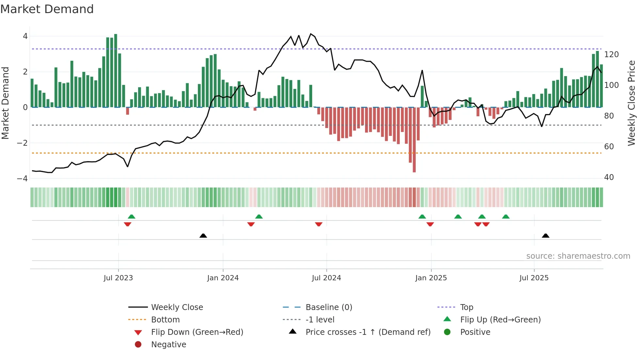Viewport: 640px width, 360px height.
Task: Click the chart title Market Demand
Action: click(47, 9)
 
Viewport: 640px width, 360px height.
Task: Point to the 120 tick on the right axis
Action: click(611, 55)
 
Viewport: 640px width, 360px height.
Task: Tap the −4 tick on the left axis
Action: click(22, 178)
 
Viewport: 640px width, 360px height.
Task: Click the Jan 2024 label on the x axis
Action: click(223, 278)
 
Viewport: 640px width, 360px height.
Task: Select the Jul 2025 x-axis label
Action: click(534, 278)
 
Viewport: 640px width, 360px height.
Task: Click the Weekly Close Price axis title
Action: click(632, 103)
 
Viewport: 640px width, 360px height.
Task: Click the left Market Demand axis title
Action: click(5, 103)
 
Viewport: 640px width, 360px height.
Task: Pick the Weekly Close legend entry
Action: click(177, 307)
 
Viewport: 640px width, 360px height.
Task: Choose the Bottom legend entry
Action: click(165, 320)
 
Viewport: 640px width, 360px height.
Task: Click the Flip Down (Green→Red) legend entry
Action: click(197, 332)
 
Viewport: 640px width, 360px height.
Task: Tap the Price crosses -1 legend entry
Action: click(368, 332)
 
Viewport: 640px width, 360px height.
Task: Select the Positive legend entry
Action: click(475, 332)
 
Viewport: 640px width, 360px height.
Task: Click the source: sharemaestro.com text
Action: click(578, 256)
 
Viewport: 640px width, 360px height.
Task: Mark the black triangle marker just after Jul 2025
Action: click(545, 236)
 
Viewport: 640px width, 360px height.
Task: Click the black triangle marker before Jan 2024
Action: click(203, 236)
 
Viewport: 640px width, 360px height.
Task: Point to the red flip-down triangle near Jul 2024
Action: click(319, 224)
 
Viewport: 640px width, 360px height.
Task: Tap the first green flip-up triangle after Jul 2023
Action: click(132, 217)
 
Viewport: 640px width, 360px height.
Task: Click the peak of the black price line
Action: click(311, 34)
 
